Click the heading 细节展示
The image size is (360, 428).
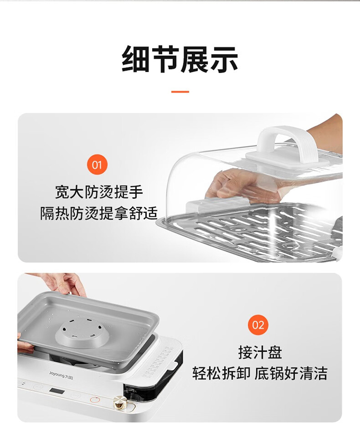click(x=180, y=59)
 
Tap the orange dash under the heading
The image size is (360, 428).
click(x=180, y=92)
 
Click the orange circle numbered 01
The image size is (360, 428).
click(x=97, y=165)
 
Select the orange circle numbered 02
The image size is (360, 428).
click(x=258, y=325)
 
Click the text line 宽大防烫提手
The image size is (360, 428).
click(x=99, y=193)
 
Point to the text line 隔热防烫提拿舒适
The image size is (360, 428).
click(x=99, y=213)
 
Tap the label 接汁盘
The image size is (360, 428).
click(x=260, y=353)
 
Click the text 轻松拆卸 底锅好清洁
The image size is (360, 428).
click(x=260, y=373)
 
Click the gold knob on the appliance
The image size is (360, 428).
click(x=120, y=401)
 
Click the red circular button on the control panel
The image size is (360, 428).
click(x=95, y=400)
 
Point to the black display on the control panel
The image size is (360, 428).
click(x=57, y=391)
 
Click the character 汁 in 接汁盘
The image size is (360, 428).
click(x=260, y=353)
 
